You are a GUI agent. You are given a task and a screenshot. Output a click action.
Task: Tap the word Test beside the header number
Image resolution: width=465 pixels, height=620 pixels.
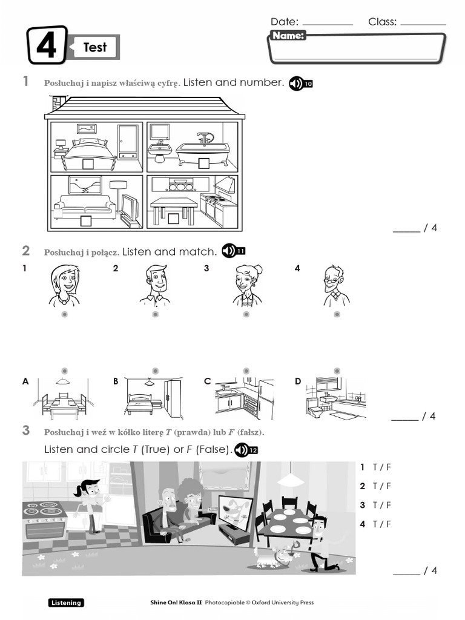[95, 47]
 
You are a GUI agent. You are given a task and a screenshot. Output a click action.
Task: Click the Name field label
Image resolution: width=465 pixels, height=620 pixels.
[288, 36]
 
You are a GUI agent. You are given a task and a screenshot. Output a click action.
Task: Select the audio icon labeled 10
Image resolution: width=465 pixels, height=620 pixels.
[300, 84]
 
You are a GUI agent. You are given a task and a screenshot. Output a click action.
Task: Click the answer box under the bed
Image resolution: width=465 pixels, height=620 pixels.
[88, 163]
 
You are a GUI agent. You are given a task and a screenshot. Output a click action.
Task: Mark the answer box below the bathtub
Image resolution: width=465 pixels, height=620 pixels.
[203, 163]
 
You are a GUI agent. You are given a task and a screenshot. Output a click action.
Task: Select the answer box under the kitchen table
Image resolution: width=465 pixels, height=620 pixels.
[174, 219]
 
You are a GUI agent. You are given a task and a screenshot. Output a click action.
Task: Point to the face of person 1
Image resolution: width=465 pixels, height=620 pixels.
[64, 280]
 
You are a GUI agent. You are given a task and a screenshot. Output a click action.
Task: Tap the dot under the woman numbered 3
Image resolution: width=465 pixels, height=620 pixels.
[246, 315]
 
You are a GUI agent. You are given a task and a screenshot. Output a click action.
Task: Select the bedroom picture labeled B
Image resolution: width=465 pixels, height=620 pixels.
[154, 398]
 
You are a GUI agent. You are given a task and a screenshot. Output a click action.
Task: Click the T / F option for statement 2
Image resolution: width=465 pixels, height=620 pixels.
[382, 486]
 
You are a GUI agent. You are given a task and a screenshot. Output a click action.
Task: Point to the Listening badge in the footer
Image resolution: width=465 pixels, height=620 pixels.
[66, 602]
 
